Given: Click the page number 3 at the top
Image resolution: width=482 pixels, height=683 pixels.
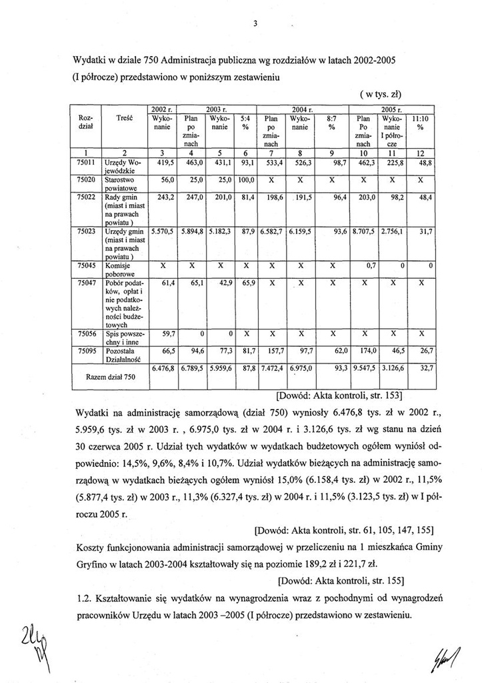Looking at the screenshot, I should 255,25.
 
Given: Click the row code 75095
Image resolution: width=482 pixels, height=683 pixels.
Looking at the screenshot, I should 89,349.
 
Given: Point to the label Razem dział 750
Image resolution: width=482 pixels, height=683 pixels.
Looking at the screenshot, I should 111,377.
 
